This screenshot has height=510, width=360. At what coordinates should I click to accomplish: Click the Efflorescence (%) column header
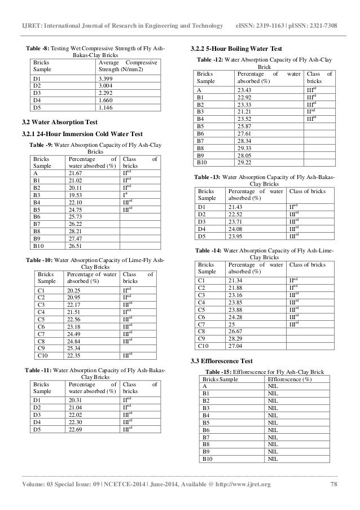point(287,378)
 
